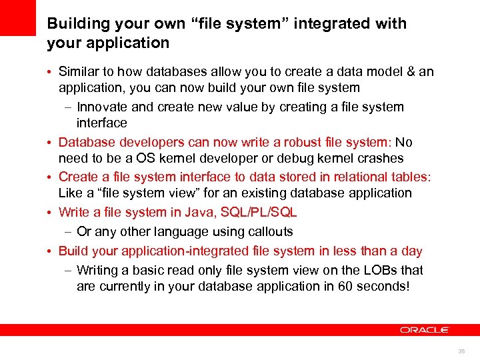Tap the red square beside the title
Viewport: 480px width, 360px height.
pyautogui.click(x=17, y=17)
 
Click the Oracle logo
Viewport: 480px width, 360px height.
pyautogui.click(x=425, y=329)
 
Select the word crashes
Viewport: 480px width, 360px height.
pyautogui.click(x=379, y=158)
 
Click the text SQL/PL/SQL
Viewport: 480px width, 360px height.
pyautogui.click(x=260, y=212)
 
